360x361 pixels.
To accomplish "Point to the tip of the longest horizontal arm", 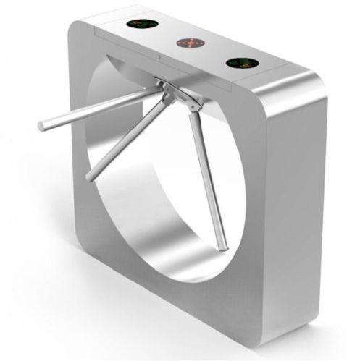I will click(x=42, y=127).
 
